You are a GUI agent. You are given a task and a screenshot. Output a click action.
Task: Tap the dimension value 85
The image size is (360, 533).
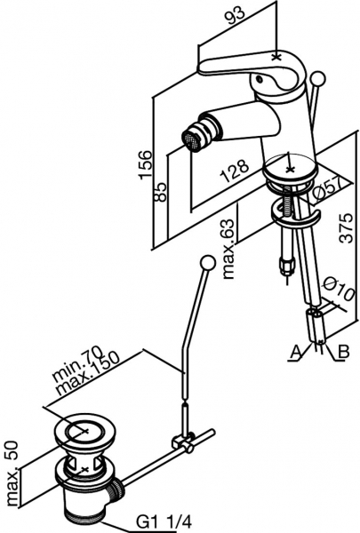pos(160,192)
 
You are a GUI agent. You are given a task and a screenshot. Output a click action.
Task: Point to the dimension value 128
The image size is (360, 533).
pos(235,170)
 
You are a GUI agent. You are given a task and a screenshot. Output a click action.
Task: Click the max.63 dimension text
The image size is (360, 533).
pos(228,249)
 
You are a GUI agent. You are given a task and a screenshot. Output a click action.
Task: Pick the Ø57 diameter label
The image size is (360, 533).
pos(327,190)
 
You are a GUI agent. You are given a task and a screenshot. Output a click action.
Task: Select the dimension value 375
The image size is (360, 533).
pos(347,227)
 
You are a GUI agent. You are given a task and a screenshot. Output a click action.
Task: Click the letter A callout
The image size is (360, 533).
pos(297,352)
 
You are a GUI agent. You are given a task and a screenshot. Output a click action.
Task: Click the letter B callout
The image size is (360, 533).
pos(344,352)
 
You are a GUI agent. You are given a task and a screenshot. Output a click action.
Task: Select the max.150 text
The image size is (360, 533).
pos(88,375)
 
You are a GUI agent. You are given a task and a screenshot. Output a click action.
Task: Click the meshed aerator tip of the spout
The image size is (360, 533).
pos(190,139)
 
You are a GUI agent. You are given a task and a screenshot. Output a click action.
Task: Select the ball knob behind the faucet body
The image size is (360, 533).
pos(319,78)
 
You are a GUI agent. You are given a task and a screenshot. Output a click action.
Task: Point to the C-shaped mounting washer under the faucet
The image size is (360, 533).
pos(295,216)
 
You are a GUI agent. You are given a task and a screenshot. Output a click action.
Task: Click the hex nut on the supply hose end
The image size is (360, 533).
pos(286,264)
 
